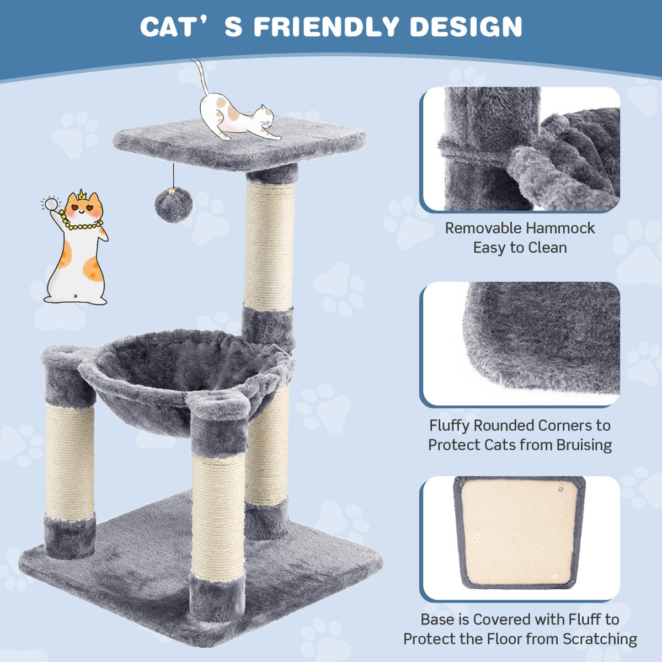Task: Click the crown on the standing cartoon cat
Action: click(x=82, y=195)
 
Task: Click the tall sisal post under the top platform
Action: click(x=269, y=245)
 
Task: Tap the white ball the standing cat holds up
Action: click(x=52, y=204)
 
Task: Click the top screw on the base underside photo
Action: click(x=560, y=488)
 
